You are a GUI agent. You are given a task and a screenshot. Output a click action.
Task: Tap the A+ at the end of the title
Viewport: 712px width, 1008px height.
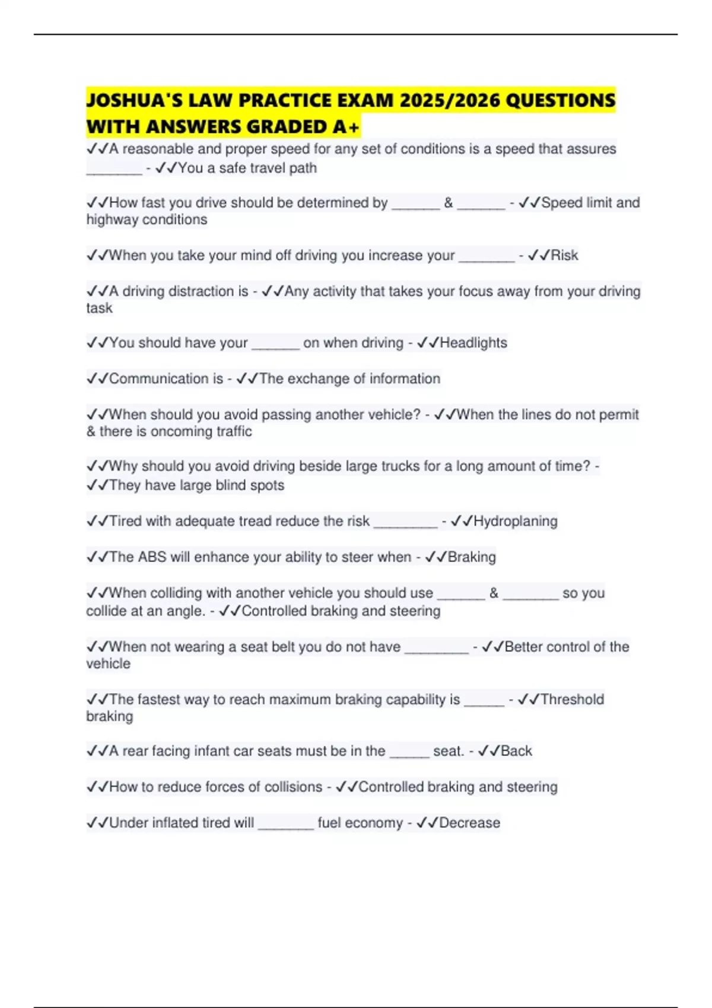tap(345, 127)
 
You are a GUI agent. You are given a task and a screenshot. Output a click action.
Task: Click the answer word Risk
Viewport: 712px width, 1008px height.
tap(564, 256)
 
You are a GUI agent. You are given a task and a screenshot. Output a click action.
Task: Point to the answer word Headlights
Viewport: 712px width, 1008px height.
tap(473, 343)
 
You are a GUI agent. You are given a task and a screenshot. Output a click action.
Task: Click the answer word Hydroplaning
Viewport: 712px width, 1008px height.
tap(515, 521)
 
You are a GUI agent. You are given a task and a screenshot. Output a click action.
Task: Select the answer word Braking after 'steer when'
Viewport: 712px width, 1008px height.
tap(472, 557)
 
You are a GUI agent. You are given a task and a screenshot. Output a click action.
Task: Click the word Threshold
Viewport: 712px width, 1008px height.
tap(572, 700)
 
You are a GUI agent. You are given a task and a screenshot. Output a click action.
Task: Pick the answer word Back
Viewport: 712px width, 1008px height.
tap(517, 751)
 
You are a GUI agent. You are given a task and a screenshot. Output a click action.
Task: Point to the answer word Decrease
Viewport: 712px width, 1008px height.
tap(469, 823)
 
